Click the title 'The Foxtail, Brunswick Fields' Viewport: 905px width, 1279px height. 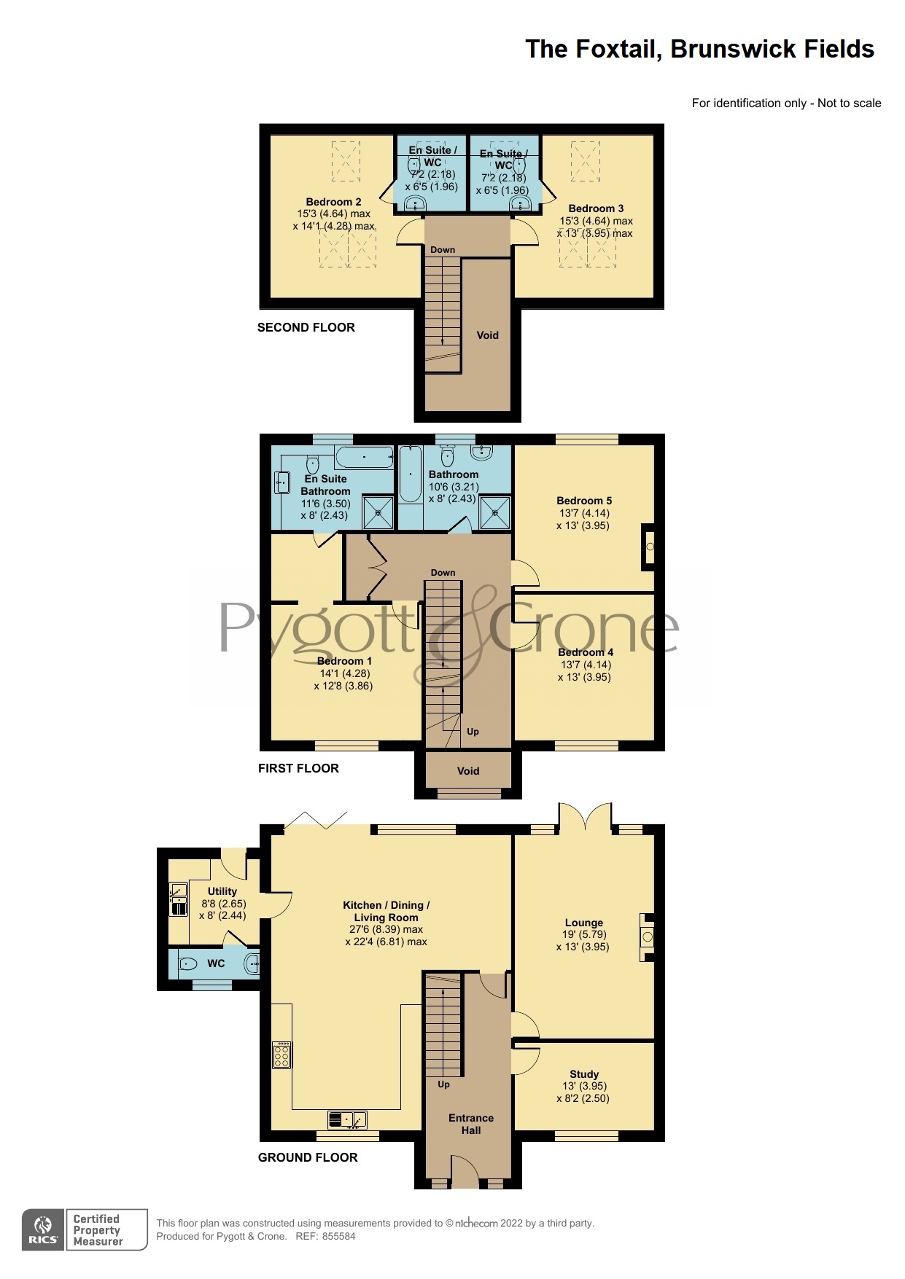coord(699,50)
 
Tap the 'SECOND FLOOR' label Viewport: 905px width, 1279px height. coord(306,328)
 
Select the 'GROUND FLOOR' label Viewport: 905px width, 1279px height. coord(308,1157)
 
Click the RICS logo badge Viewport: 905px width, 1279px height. coord(43,1229)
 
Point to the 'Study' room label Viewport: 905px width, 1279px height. coord(584,1074)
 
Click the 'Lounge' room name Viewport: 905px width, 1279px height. coord(584,923)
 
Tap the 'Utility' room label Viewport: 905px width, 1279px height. coord(222,891)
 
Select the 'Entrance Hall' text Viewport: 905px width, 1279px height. coord(471,1124)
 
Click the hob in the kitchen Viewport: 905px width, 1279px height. coord(281,1055)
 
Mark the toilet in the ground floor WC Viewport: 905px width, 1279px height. coord(187,964)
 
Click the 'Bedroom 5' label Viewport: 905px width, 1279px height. coord(584,501)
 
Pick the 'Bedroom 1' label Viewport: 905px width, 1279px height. coord(344,661)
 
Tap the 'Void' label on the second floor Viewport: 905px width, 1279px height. coord(487,335)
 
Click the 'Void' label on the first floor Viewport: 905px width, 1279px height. coord(468,771)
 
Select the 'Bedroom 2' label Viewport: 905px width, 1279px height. coord(333,202)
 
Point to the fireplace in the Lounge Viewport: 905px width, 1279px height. coord(647,937)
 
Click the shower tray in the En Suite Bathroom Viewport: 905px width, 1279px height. coord(378,512)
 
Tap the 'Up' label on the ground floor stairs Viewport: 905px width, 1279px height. coord(444,1084)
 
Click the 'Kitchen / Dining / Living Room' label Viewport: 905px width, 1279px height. coord(387,911)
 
